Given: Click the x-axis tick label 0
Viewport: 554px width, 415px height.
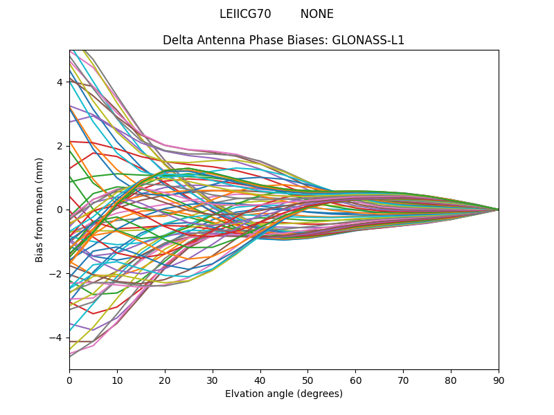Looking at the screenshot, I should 69,380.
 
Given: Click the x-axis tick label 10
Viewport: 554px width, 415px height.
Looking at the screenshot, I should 117,380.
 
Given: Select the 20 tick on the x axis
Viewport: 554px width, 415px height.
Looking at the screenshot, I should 165,380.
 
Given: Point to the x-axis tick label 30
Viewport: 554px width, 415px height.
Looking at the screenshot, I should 213,380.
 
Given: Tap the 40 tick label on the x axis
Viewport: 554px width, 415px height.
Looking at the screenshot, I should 260,380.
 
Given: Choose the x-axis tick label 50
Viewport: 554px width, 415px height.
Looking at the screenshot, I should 307,380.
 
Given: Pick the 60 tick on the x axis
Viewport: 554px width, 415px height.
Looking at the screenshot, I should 355,380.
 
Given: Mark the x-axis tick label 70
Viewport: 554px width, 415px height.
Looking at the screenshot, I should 403,380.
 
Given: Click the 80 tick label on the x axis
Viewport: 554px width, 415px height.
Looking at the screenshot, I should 451,380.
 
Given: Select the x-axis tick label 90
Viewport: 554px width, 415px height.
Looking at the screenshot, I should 499,380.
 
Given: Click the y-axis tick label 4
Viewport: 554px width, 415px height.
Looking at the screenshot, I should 60,82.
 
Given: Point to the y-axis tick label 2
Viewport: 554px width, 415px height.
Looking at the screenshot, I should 60,146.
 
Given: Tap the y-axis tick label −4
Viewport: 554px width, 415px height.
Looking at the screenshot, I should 57,338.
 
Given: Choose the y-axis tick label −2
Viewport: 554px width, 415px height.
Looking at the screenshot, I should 57,274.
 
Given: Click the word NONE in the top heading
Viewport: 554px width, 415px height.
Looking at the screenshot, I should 317,14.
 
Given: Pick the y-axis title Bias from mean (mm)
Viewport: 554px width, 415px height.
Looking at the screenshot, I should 40,209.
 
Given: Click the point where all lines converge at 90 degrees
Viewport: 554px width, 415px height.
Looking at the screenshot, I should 499,210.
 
